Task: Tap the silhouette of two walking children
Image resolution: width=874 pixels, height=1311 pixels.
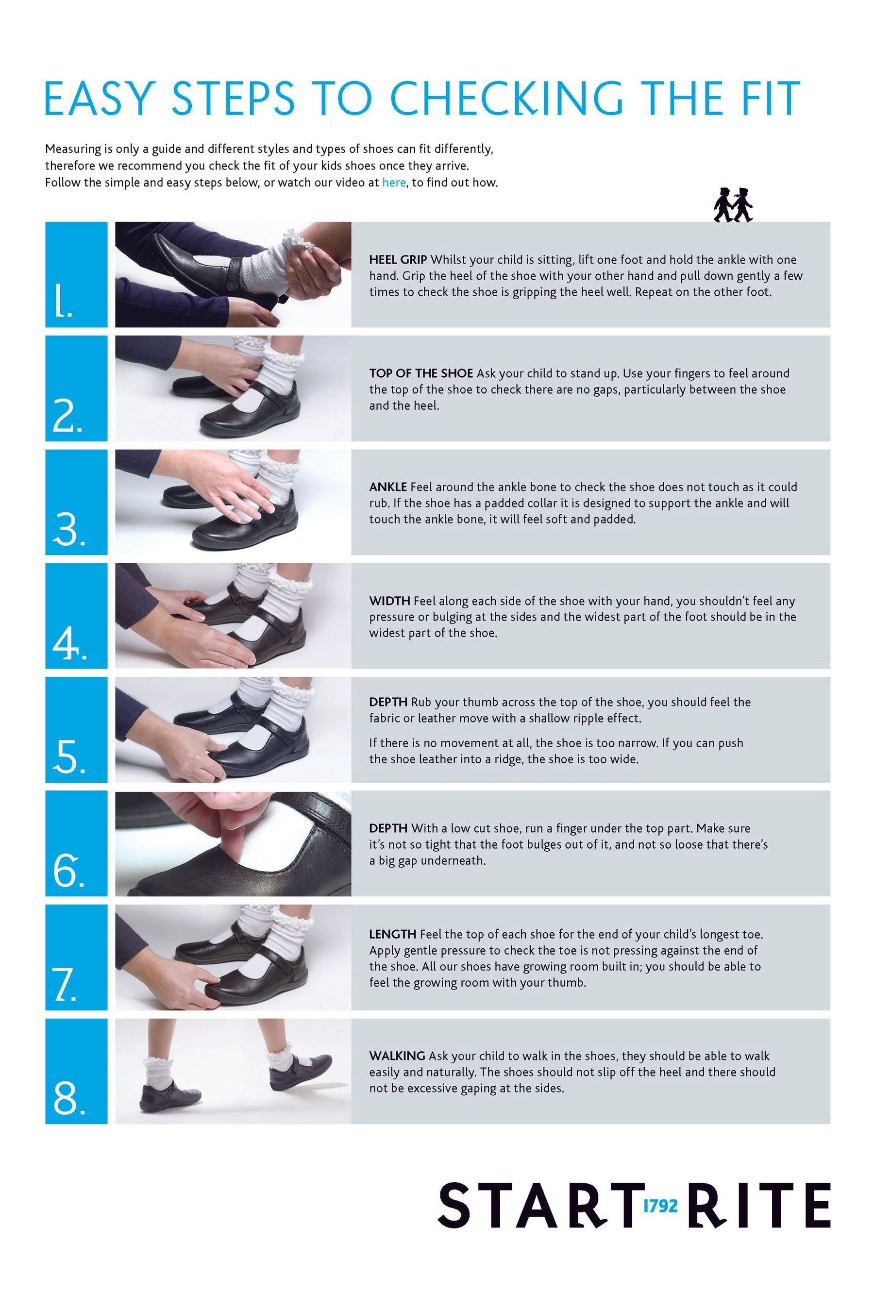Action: point(732,204)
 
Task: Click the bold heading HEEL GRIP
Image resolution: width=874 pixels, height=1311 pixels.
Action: point(398,260)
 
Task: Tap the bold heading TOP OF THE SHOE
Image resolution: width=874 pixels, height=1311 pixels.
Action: point(421,373)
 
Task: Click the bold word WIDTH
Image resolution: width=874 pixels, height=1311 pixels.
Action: point(389,601)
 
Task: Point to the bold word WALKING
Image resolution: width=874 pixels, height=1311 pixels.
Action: point(397,1056)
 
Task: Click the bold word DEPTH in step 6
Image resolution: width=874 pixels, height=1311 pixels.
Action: point(388,828)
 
